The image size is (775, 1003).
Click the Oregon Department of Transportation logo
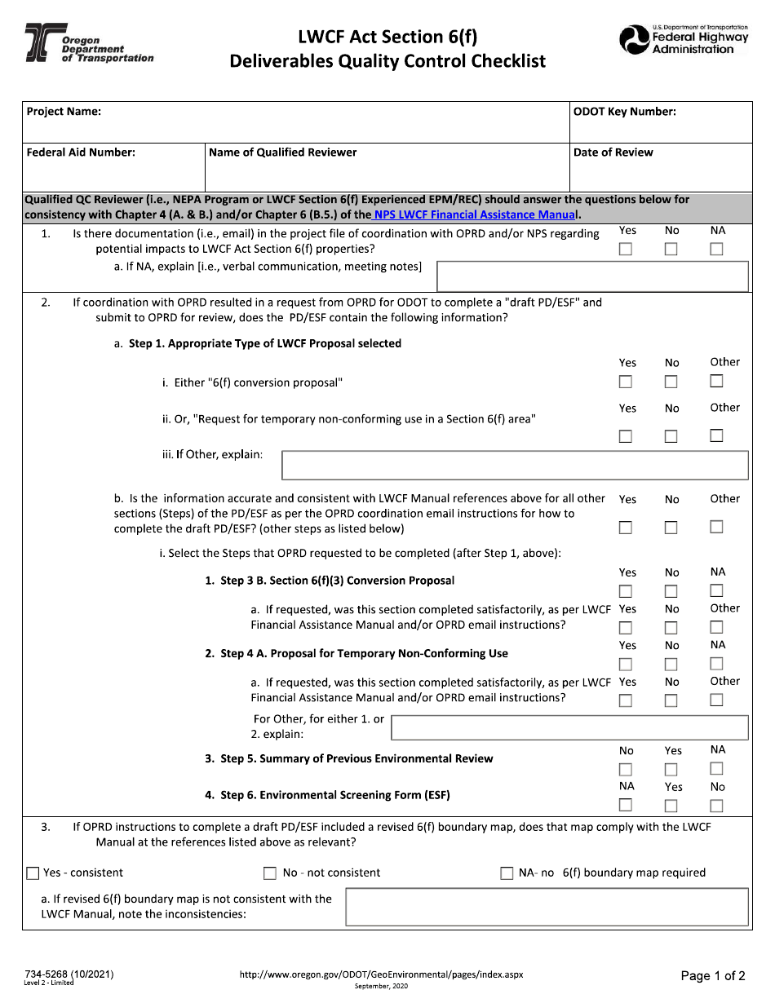tap(88, 44)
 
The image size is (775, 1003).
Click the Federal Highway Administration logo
tap(684, 40)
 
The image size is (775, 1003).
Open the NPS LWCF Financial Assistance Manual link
tap(476, 214)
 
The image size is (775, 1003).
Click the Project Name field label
tap(64, 112)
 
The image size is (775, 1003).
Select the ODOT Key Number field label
tap(625, 112)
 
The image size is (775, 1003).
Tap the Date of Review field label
tap(613, 152)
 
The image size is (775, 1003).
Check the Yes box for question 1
tap(626, 250)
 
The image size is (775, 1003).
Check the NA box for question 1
tap(716, 250)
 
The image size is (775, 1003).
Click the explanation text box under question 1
tap(593, 276)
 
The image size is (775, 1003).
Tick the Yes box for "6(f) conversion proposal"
tap(626, 382)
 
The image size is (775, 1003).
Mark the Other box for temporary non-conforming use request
tap(716, 435)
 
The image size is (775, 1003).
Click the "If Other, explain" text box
tap(515, 465)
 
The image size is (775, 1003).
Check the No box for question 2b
tap(671, 528)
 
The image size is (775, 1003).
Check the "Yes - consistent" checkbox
tap(33, 873)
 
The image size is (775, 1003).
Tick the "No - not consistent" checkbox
tap(270, 873)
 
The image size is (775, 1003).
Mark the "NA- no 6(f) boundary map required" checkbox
tap(507, 873)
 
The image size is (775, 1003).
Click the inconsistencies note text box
tap(547, 907)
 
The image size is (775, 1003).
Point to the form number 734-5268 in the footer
tap(69, 974)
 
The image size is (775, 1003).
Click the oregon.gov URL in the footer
tap(381, 974)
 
